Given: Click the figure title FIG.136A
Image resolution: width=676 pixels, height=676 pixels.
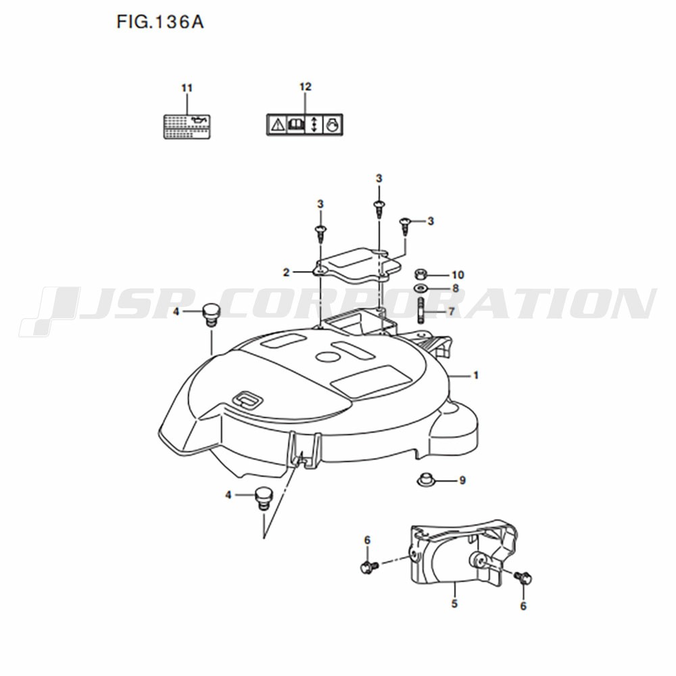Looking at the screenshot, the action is point(160,22).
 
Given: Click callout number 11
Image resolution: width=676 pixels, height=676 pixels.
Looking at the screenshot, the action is point(187,88).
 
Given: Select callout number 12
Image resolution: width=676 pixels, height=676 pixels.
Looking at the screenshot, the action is point(306,87).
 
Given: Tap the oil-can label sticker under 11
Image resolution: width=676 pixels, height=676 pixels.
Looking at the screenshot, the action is point(187,126).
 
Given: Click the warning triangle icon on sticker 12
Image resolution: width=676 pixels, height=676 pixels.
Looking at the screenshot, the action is point(277,125).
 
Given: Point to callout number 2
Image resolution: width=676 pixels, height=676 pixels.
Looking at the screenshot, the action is point(286,272).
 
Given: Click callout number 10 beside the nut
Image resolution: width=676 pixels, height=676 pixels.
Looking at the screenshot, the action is point(458,274).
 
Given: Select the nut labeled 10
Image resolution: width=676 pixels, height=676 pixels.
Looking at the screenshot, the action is point(420,274).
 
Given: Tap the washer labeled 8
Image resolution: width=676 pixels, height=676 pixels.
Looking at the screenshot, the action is point(420,288).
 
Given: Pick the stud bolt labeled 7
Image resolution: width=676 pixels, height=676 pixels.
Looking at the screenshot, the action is point(420,310).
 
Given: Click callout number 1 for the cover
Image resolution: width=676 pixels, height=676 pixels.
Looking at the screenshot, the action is point(476,375).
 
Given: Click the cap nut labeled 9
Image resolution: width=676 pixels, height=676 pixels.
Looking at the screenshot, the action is point(425,479).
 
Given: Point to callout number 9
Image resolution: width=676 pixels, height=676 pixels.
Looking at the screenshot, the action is point(462,480).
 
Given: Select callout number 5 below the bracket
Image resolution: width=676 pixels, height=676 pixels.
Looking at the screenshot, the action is point(454,604).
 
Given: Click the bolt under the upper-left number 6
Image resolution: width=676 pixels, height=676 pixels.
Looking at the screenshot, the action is point(369,567).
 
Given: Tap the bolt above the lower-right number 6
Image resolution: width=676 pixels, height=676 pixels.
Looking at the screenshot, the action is point(524,577).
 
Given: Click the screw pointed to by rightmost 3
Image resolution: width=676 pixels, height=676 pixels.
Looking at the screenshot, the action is point(404,226).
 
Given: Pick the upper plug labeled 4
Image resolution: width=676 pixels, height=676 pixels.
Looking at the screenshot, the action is point(211,315).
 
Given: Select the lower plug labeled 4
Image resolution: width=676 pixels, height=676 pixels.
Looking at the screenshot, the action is point(262,498).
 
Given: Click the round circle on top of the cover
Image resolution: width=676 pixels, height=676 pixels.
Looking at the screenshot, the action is point(327,356).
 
